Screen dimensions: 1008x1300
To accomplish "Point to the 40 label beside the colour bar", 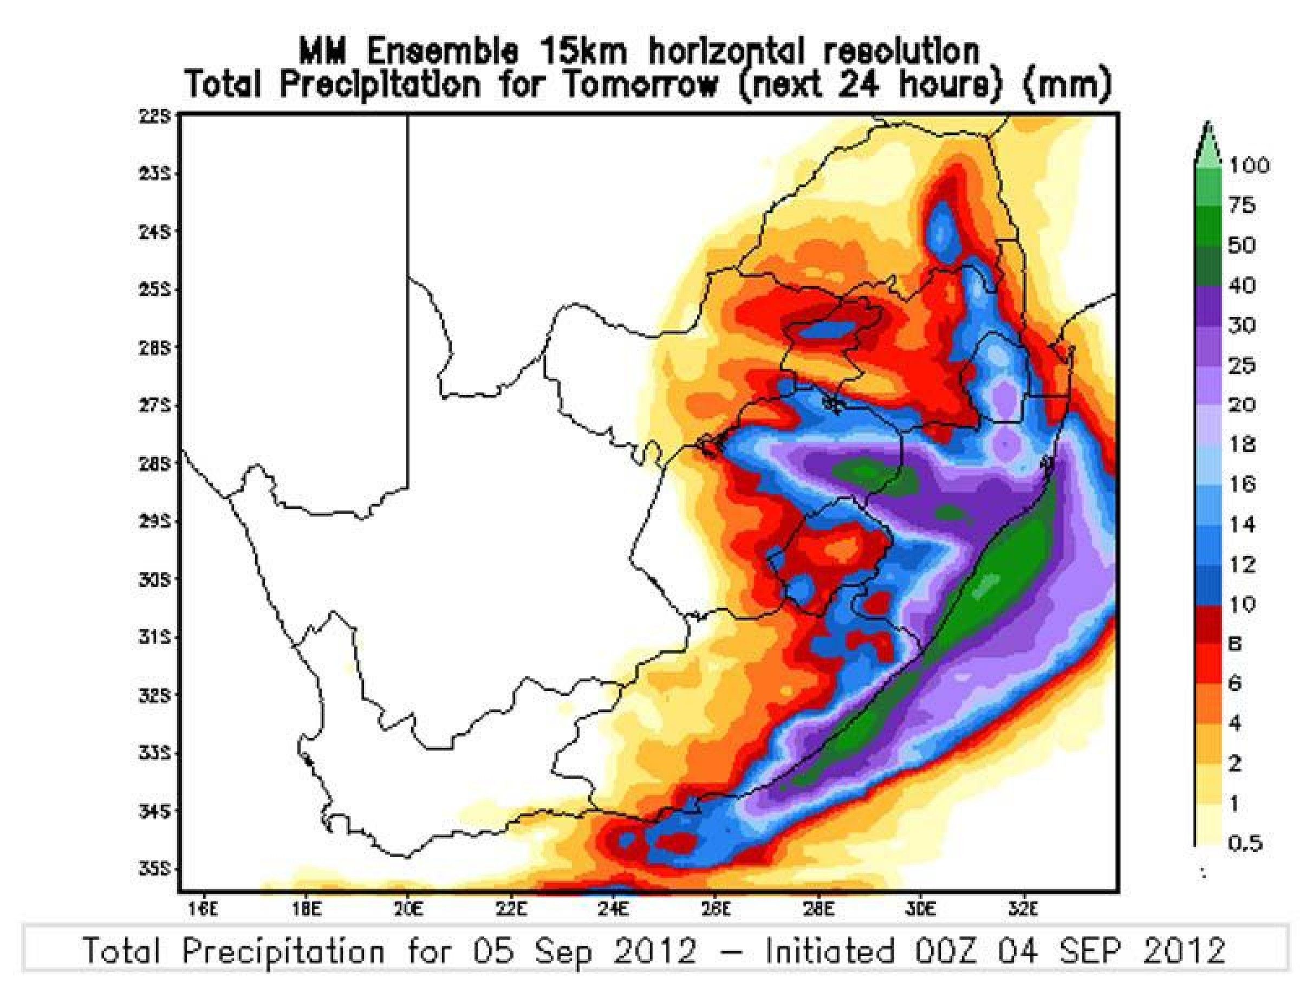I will (x=1241, y=286).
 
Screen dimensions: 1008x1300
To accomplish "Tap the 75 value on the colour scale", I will (x=1241, y=206).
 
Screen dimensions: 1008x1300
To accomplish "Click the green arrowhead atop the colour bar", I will (x=1207, y=143).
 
